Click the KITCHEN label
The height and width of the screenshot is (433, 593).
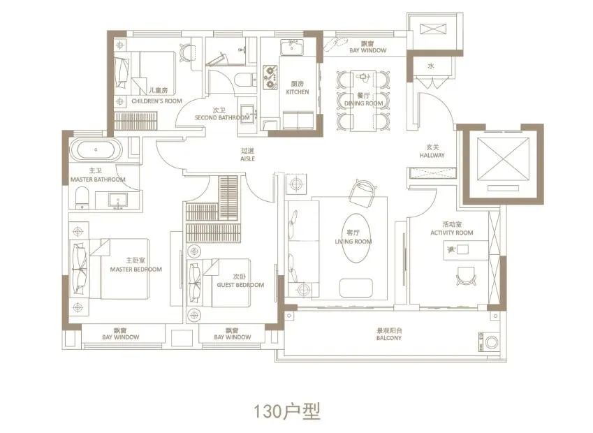coord(297,91)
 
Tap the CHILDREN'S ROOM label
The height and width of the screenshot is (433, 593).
coord(156,101)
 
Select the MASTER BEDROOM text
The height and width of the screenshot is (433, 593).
coord(136,269)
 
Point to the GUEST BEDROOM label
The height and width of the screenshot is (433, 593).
coord(240,285)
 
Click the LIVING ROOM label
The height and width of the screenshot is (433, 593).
coord(353,242)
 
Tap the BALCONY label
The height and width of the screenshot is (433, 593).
coord(388,338)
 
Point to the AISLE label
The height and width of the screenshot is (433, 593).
coord(247,159)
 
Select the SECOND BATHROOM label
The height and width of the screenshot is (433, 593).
coord(221,117)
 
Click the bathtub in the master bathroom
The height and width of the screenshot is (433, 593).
coord(96,150)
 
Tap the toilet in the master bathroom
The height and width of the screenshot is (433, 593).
coord(81,197)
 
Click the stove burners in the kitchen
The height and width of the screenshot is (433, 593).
coord(270,77)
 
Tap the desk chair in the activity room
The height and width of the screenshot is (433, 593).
coord(464,277)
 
